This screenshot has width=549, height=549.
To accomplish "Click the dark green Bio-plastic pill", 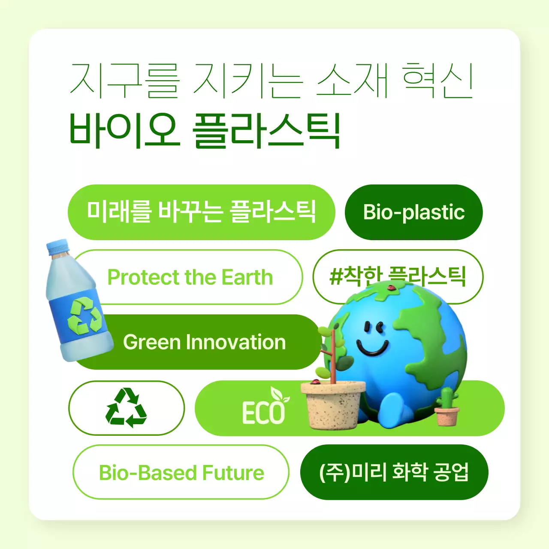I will (x=413, y=212).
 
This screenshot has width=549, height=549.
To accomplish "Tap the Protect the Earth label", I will (x=190, y=278).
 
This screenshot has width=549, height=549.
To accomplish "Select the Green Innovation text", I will (x=204, y=342).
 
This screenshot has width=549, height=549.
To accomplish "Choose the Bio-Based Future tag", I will (x=181, y=473).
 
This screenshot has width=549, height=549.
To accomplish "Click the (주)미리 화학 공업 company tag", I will (x=394, y=472).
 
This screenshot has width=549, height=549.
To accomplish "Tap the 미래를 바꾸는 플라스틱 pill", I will (x=201, y=212).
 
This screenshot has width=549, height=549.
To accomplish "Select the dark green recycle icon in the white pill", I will (x=126, y=408).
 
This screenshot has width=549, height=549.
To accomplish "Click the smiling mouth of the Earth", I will (x=372, y=347).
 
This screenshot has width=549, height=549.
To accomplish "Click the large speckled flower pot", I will (x=333, y=405).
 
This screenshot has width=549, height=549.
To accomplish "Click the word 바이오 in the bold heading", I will (x=123, y=130).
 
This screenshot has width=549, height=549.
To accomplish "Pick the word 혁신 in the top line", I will (x=437, y=80).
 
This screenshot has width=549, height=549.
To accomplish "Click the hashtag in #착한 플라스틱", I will (x=335, y=277).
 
